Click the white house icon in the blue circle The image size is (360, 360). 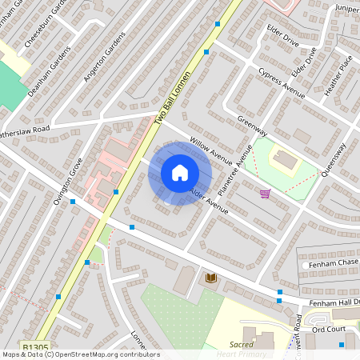click(x=180, y=173)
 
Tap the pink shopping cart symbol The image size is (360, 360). click(x=265, y=193)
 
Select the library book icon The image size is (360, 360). click(x=211, y=278)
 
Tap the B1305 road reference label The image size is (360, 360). click(x=34, y=347)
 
